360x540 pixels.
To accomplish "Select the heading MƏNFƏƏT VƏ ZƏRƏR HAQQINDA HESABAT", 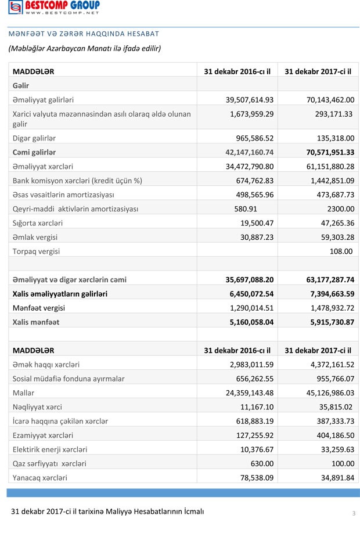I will [83, 34].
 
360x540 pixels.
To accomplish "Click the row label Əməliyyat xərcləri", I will [46, 167].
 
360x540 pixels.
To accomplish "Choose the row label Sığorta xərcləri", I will [38, 223].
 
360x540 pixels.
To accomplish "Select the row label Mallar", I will [23, 393].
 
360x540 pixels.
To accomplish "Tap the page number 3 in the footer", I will [353, 513].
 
